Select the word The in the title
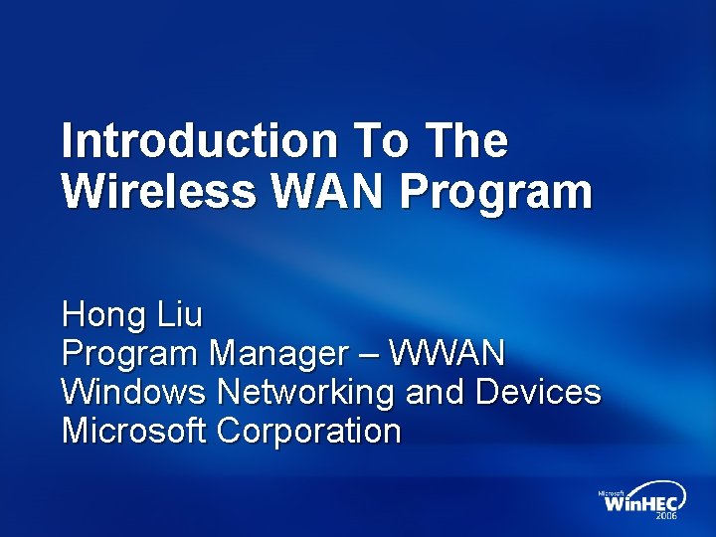click(x=466, y=141)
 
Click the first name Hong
click(x=103, y=316)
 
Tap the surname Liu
click(x=179, y=315)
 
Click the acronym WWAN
click(x=447, y=353)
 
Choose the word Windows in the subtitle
click(x=133, y=392)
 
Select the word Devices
click(x=538, y=392)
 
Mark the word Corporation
click(x=309, y=432)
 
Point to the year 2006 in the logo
click(x=666, y=518)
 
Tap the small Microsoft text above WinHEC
click(x=611, y=492)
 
